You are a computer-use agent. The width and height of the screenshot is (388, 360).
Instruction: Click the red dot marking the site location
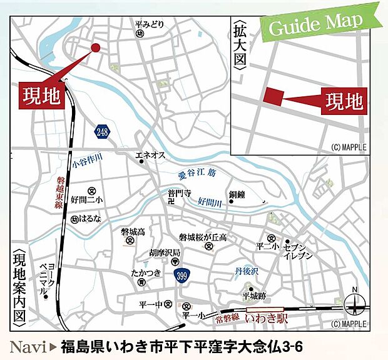96,47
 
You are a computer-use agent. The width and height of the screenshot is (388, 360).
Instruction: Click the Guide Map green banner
315,24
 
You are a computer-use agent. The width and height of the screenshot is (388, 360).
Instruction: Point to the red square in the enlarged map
273,97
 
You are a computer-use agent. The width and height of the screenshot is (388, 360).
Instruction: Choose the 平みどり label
149,24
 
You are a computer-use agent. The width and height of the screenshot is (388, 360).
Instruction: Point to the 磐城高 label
133,232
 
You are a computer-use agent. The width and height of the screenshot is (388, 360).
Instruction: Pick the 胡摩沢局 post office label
165,252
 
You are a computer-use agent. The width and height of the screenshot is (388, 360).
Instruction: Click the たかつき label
146,273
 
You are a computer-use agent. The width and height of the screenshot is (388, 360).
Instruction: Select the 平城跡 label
255,296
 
